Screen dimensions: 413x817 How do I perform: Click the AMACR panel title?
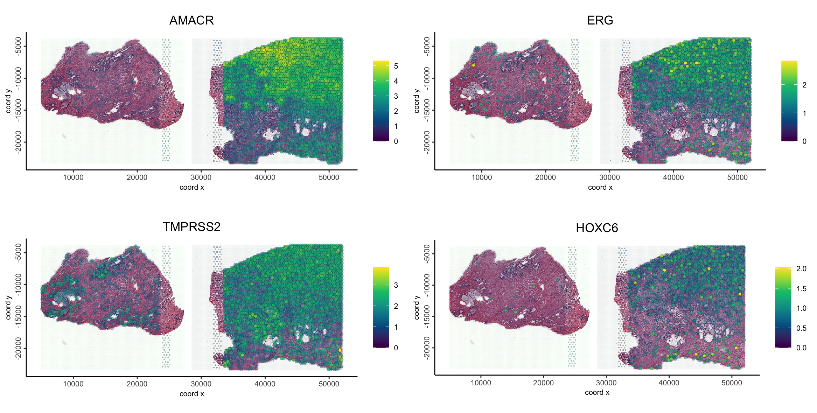(x=191, y=20)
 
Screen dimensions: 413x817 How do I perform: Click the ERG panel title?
(x=600, y=20)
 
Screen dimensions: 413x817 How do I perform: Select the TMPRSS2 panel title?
(x=191, y=227)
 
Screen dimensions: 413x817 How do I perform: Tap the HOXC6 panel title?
(x=597, y=228)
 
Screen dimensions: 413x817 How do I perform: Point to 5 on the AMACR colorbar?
(x=396, y=66)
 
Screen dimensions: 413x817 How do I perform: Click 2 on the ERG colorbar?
(x=804, y=85)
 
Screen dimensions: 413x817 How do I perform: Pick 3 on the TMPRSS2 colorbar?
(x=396, y=285)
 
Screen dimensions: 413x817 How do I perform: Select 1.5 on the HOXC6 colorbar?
(x=801, y=289)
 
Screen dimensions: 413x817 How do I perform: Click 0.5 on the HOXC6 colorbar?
(x=801, y=328)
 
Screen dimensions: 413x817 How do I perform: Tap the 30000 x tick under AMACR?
(x=201, y=177)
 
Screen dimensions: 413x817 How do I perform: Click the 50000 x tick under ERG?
(x=737, y=177)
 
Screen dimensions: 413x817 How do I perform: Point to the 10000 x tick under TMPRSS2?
(x=73, y=384)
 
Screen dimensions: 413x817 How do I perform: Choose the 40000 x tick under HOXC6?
(x=669, y=383)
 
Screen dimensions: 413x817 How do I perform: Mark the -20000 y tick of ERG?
(x=427, y=142)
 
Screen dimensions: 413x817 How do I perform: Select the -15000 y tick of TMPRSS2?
(x=18, y=317)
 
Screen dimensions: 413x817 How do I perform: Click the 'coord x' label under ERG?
(x=600, y=187)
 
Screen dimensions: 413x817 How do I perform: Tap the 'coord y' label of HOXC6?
(x=417, y=307)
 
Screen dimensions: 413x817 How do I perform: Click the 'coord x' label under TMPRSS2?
(x=191, y=394)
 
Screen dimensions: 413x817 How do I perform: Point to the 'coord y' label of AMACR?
(x=8, y=101)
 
